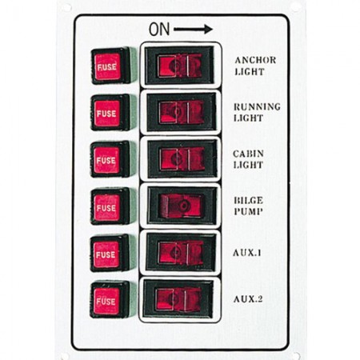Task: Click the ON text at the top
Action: pos(159,30)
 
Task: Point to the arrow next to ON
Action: pos(193,29)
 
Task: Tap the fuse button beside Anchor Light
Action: pos(110,66)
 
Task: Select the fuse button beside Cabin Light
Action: pos(110,159)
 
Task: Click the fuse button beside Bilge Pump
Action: pos(110,206)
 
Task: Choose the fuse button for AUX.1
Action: pos(110,254)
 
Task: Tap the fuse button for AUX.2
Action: pos(110,300)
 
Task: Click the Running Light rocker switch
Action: pos(181,112)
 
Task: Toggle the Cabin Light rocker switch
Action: pos(182,159)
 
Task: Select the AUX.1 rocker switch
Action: pos(180,252)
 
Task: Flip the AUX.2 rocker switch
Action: pos(178,299)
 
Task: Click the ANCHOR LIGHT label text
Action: pos(255,66)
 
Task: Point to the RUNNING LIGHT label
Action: pos(257,112)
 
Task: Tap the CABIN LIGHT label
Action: pos(249,159)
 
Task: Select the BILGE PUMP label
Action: pos(249,206)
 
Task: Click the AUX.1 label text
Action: pos(247,253)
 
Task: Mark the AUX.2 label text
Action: pos(248,299)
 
